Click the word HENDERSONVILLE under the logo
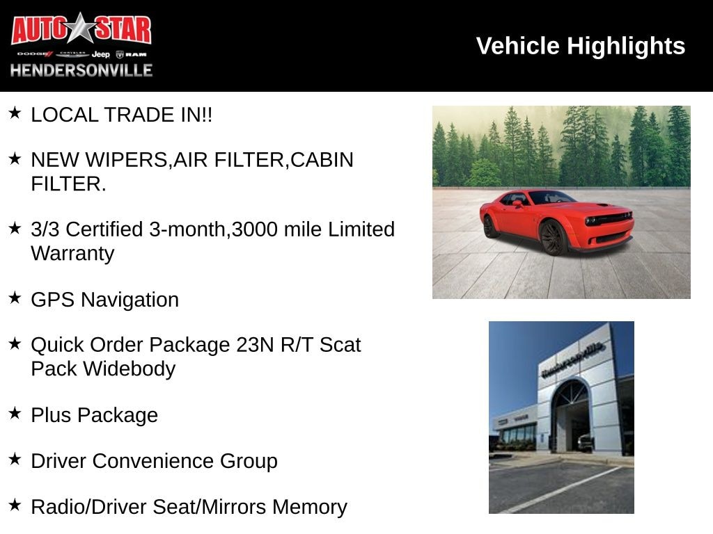(81, 70)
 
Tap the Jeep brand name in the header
(100, 54)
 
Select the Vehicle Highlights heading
(580, 46)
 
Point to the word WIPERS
(126, 160)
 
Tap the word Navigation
(130, 300)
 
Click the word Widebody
(129, 369)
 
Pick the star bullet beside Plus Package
(15, 413)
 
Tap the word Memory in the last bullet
(310, 508)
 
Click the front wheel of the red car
(552, 236)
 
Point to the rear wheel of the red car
(489, 226)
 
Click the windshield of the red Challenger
(552, 197)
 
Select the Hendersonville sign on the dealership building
(573, 359)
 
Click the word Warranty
(72, 254)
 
